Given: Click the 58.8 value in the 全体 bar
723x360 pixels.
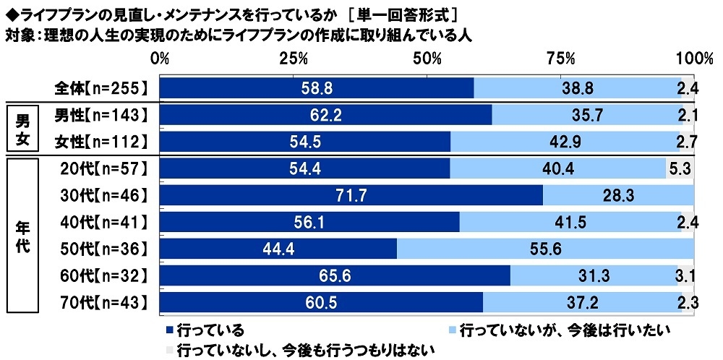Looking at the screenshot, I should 316,88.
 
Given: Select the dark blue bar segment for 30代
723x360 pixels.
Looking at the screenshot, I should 351,195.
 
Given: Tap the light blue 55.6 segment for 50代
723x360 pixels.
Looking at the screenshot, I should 546,249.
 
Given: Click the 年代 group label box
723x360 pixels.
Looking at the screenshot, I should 22,236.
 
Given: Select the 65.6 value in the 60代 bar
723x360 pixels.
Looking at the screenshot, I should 335,275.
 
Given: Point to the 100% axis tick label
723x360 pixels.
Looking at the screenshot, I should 694,58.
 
